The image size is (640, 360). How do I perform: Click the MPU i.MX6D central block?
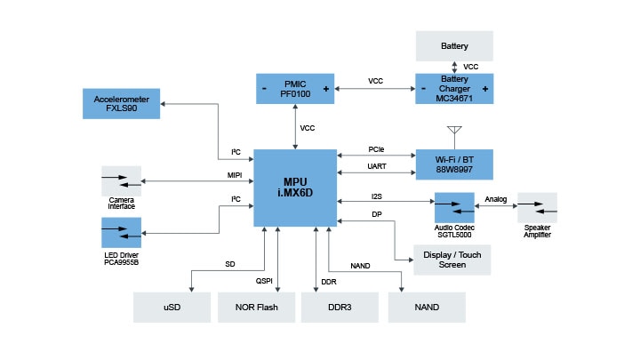point(295,188)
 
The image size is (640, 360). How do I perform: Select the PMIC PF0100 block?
point(295,89)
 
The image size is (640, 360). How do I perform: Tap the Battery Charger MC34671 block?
point(453,89)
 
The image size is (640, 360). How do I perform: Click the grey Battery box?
point(453,44)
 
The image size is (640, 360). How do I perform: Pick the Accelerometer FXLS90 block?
point(121,103)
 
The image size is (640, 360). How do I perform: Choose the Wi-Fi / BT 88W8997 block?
point(453,164)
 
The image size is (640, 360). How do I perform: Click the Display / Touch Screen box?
point(452,259)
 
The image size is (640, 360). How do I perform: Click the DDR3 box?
point(340,307)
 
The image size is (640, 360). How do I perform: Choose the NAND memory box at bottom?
point(427,307)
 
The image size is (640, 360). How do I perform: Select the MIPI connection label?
point(235,175)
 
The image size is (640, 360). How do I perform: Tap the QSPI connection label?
point(264,282)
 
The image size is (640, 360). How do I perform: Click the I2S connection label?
point(376,196)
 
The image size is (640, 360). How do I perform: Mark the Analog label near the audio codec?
point(496,199)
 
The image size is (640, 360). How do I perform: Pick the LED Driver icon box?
point(121,233)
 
